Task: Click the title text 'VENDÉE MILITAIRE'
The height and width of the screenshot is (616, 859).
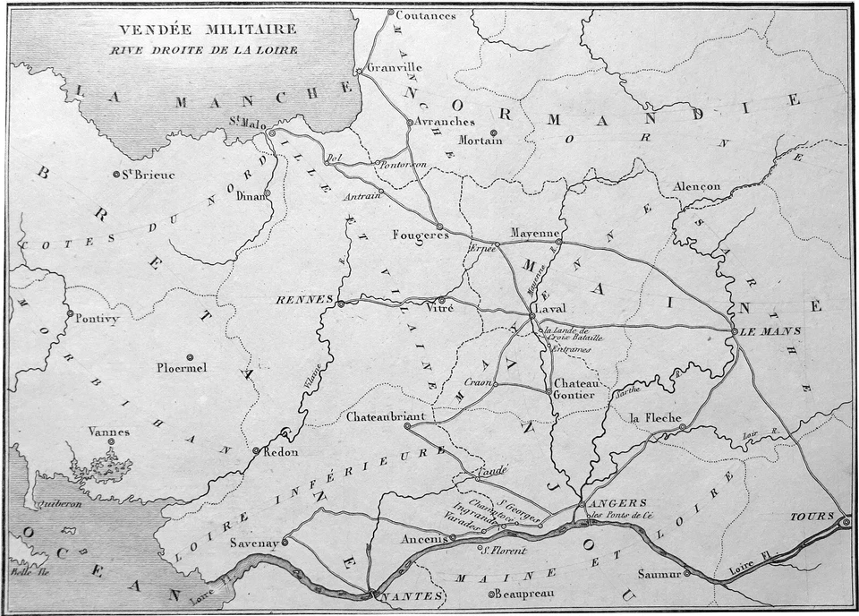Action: tap(203, 30)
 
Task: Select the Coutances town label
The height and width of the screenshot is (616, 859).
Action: tap(426, 15)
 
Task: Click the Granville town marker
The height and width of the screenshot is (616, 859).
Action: tap(359, 71)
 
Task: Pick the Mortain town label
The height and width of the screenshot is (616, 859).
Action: tap(473, 140)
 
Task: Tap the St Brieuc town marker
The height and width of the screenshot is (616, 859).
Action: tap(115, 174)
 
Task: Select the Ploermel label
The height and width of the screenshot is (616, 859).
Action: tap(181, 367)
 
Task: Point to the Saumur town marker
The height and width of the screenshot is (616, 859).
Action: tap(687, 573)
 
